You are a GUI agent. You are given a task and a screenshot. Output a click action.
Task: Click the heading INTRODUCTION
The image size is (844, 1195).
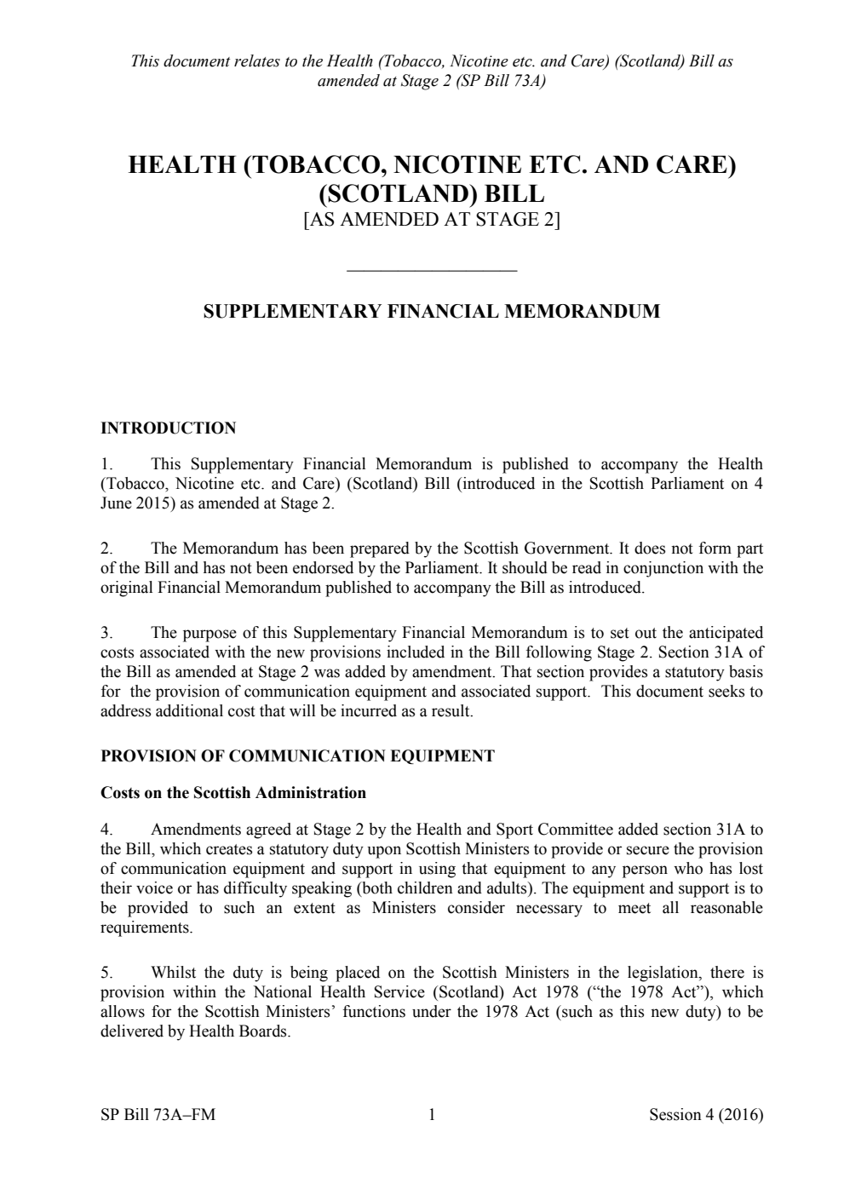[x=168, y=428]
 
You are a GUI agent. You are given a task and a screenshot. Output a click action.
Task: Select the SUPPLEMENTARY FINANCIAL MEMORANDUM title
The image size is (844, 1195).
[x=431, y=311]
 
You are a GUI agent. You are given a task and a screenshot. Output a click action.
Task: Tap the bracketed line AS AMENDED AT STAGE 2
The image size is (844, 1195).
[x=431, y=220]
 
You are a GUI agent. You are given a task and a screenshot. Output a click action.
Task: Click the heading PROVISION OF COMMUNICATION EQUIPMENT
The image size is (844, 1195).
[x=297, y=755]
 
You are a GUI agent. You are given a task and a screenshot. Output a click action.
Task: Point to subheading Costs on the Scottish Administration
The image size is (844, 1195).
[x=233, y=793]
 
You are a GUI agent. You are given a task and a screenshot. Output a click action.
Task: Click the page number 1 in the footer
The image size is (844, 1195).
[x=432, y=1114]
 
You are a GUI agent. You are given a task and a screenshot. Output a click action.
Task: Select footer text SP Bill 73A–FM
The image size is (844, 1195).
[x=158, y=1114]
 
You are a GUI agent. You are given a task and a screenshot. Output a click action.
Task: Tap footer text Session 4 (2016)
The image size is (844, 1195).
[x=705, y=1114]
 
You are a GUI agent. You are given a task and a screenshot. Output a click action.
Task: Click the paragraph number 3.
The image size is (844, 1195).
[x=106, y=633]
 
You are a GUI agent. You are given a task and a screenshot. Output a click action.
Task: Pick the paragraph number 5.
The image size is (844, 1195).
[x=106, y=973]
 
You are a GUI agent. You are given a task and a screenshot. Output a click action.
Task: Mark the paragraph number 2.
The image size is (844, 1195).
[x=106, y=549]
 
